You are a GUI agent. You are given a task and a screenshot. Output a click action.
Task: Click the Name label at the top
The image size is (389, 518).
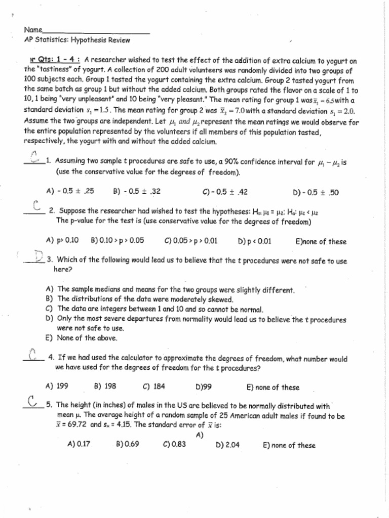[32, 30]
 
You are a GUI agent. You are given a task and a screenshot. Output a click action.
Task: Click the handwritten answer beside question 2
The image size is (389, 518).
[35, 206]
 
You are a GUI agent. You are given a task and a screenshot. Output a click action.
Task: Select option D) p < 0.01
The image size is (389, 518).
[254, 241]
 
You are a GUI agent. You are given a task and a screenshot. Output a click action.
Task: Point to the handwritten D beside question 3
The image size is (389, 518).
[38, 256]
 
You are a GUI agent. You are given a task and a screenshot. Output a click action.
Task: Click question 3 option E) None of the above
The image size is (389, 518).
[81, 338]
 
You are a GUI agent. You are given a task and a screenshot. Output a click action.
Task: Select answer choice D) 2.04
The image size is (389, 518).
[227, 445]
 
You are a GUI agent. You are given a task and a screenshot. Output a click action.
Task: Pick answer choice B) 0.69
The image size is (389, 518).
[128, 445]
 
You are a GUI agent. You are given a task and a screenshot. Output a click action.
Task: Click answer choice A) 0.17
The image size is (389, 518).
[79, 445]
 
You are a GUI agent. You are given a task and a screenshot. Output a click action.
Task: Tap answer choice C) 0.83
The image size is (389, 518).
[175, 445]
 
